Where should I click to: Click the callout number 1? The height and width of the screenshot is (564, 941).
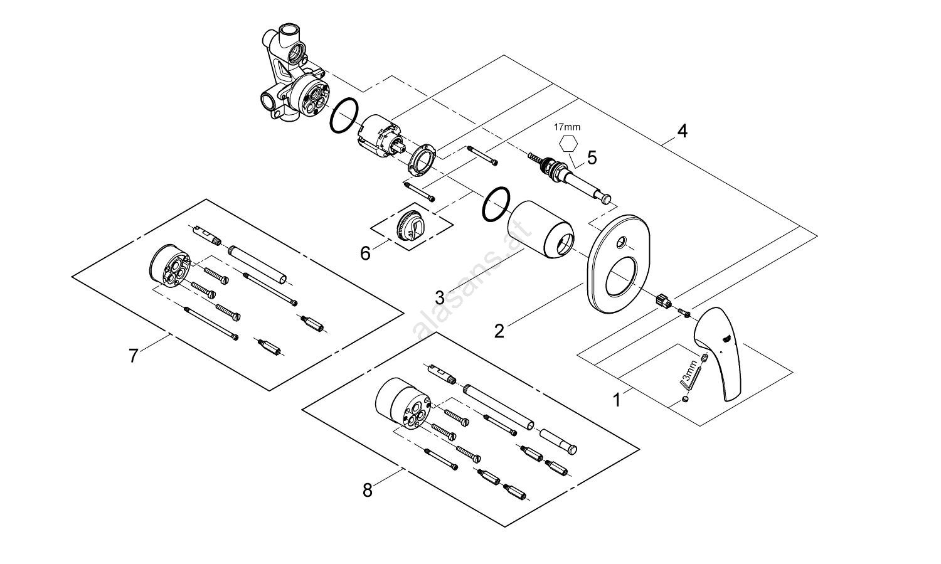pyautogui.click(x=617, y=400)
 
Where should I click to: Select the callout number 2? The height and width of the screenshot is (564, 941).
pyautogui.click(x=499, y=331)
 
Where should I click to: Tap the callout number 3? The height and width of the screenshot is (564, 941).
pyautogui.click(x=441, y=296)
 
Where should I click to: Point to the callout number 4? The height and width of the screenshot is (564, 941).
pyautogui.click(x=682, y=131)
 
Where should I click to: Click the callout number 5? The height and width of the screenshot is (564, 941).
pyautogui.click(x=591, y=157)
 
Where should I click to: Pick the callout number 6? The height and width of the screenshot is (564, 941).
pyautogui.click(x=365, y=253)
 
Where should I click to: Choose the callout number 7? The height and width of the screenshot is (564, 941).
pyautogui.click(x=133, y=356)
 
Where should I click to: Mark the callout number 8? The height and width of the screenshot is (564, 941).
pyautogui.click(x=368, y=490)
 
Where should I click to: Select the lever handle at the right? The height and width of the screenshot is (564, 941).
pyautogui.click(x=720, y=351)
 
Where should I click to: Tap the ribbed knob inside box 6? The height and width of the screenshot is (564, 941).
pyautogui.click(x=409, y=223)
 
